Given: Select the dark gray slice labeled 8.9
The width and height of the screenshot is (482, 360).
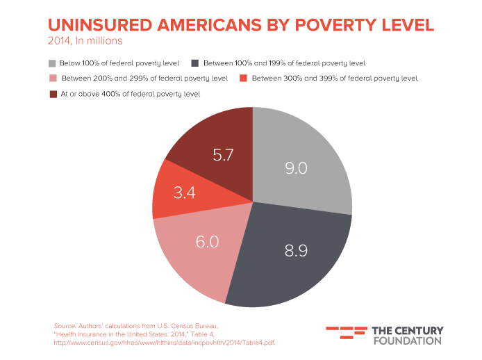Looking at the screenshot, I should pyautogui.click(x=292, y=254).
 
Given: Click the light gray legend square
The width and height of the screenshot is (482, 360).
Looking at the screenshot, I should pyautogui.click(x=53, y=63).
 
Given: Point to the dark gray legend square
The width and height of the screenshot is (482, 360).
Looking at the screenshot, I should pyautogui.click(x=195, y=63).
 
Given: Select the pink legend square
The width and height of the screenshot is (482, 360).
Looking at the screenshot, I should pyautogui.click(x=53, y=78).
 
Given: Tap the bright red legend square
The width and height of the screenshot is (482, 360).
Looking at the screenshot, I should pyautogui.click(x=243, y=78).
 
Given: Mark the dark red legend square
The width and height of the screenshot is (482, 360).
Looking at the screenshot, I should pyautogui.click(x=53, y=93).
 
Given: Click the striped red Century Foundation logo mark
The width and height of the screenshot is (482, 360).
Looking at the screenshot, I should pyautogui.click(x=346, y=332).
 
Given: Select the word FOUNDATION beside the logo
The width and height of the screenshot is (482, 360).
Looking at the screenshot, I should pyautogui.click(x=407, y=341).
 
